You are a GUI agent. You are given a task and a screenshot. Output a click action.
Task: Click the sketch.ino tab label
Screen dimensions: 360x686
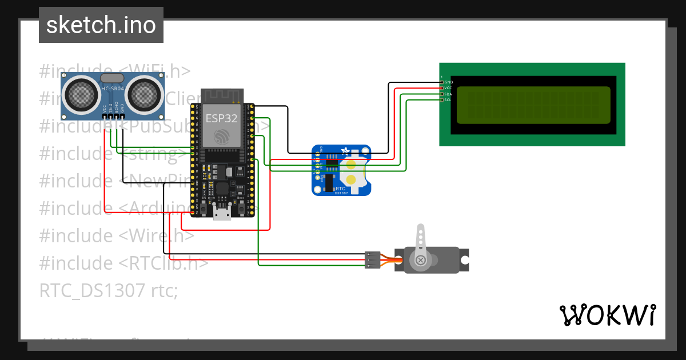(x=101, y=25)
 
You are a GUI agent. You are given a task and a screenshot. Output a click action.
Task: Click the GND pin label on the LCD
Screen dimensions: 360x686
(x=449, y=82)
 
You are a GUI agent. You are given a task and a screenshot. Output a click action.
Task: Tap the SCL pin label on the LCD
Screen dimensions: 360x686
(x=448, y=100)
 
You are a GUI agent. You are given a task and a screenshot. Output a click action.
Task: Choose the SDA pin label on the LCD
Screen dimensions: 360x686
(x=448, y=94)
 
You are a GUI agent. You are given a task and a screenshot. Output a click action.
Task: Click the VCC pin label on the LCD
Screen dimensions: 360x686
(x=448, y=88)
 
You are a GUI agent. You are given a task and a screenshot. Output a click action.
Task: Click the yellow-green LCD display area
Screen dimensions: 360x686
(x=534, y=105)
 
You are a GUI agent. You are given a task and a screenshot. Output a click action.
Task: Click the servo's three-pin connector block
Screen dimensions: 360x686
(x=372, y=259)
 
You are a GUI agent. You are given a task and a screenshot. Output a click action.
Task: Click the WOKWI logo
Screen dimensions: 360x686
(x=607, y=315)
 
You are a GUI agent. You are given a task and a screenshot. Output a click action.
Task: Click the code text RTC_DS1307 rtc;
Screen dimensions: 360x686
(x=109, y=291)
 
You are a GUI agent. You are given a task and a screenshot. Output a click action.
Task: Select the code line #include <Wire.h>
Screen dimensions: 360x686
(x=117, y=235)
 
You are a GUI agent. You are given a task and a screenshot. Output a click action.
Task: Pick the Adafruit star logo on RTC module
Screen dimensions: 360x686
(x=345, y=151)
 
